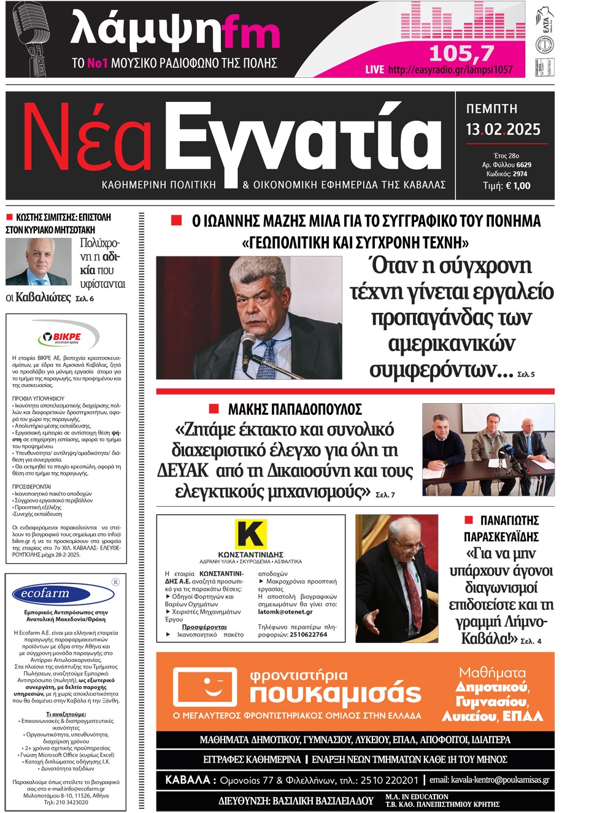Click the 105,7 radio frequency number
pyautogui.click(x=461, y=53)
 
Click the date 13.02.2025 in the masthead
pyautogui.click(x=502, y=129)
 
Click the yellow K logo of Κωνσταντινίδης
pyautogui.click(x=250, y=534)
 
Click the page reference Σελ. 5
pyautogui.click(x=526, y=374)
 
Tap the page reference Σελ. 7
pyautogui.click(x=385, y=495)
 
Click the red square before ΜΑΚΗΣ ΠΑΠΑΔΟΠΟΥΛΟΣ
pyautogui.click(x=214, y=409)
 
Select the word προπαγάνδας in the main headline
pyautogui.click(x=451, y=318)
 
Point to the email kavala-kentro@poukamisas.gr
pyautogui.click(x=489, y=780)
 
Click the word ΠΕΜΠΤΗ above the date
pyautogui.click(x=491, y=109)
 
